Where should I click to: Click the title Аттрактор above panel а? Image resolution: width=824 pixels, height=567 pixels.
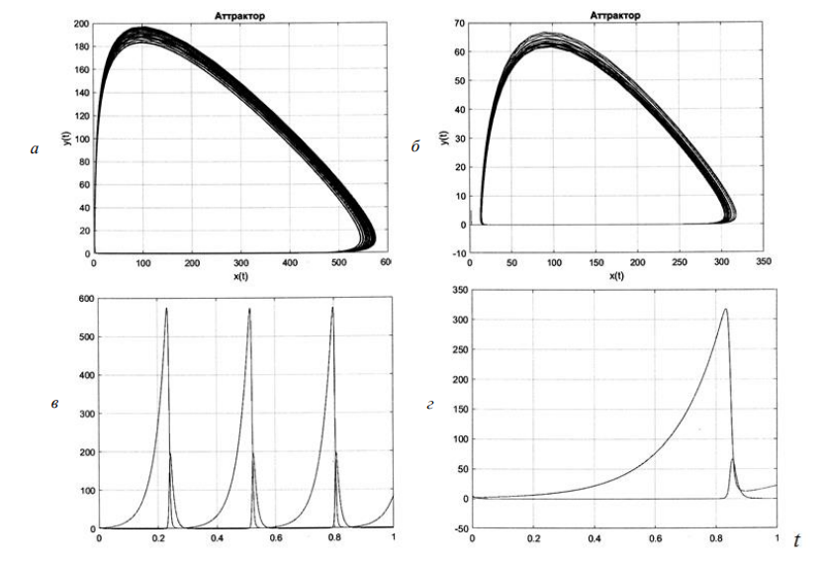239,15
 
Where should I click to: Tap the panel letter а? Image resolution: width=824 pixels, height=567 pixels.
37,149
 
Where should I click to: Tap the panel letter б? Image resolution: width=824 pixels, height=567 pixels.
416,149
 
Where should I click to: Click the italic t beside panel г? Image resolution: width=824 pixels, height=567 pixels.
796,539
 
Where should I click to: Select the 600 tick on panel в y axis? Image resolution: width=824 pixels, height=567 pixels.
83,300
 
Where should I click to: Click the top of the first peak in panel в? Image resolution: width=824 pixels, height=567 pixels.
166,309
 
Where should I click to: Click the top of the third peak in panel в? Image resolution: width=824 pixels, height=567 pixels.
332,308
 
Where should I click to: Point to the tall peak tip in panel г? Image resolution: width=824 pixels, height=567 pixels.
725,310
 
